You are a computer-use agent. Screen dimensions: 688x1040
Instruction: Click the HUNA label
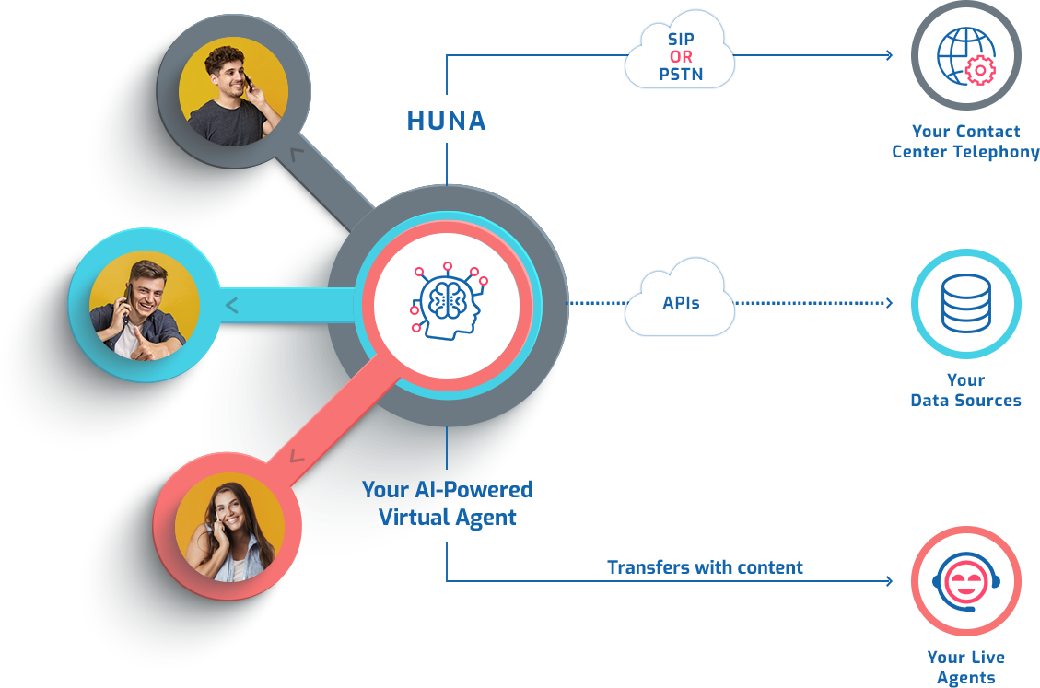tap(447, 121)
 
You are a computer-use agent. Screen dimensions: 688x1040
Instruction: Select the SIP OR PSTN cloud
tap(680, 57)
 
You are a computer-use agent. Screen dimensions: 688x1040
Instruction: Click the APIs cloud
tap(680, 302)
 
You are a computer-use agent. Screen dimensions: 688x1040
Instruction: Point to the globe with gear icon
tap(965, 55)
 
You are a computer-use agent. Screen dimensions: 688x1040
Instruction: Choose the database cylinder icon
tap(965, 304)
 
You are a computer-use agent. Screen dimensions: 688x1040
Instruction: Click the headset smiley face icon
tap(965, 582)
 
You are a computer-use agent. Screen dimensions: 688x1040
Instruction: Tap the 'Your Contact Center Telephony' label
tap(965, 142)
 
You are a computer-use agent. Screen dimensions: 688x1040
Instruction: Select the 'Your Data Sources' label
tap(965, 391)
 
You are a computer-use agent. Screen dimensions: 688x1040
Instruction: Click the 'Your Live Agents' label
tap(965, 668)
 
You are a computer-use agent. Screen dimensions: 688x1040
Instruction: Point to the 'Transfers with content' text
tap(705, 567)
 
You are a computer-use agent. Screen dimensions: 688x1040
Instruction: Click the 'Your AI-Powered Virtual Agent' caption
tap(447, 503)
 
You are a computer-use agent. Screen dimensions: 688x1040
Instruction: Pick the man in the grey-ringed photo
tap(232, 90)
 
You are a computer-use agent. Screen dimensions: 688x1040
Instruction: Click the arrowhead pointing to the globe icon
tap(889, 55)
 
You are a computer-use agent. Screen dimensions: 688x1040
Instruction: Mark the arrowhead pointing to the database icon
tap(889, 303)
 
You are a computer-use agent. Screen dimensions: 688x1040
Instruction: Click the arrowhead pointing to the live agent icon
tap(889, 581)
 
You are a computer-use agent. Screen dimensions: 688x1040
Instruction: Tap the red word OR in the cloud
tap(681, 57)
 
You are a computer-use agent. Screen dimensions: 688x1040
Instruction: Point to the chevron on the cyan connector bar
tap(232, 305)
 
